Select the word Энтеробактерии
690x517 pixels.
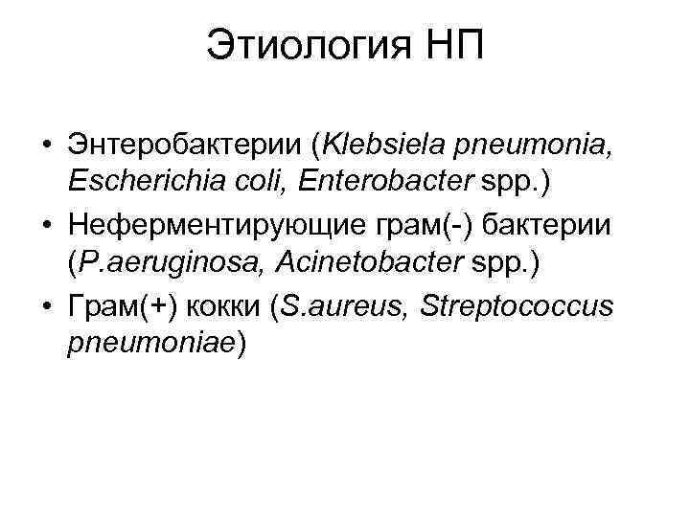(186, 146)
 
